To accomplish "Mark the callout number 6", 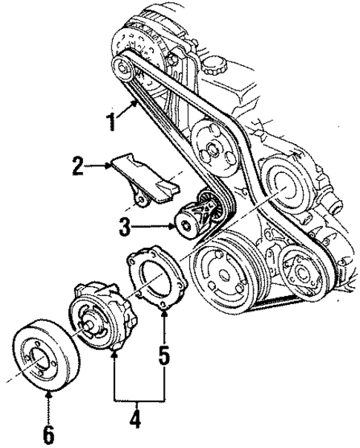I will coord(48,433).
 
